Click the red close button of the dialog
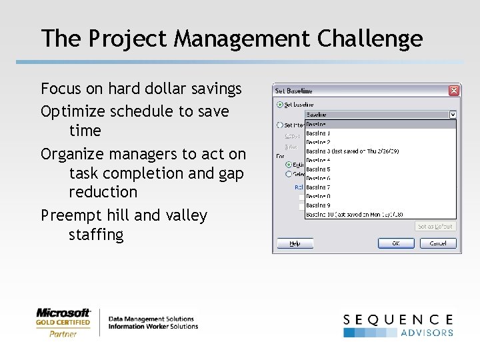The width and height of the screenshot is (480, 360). pyautogui.click(x=453, y=91)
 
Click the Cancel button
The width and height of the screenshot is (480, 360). pyautogui.click(x=437, y=243)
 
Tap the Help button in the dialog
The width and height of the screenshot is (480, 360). pyautogui.click(x=295, y=243)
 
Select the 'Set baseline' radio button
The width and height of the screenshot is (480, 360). pyautogui.click(x=279, y=105)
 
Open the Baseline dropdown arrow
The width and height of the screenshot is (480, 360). pyautogui.click(x=453, y=115)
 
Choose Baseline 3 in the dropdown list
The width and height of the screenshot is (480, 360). pyautogui.click(x=351, y=151)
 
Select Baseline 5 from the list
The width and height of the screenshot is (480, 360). pyautogui.click(x=319, y=169)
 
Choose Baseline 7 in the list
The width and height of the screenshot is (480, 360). pyautogui.click(x=319, y=187)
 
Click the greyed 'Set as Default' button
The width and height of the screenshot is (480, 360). pyautogui.click(x=435, y=226)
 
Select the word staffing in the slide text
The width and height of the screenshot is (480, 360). pyautogui.click(x=96, y=235)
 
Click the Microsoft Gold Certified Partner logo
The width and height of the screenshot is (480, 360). pyautogui.click(x=63, y=322)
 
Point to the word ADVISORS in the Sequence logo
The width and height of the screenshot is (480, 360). pyautogui.click(x=427, y=332)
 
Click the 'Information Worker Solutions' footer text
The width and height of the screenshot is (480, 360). pyautogui.click(x=153, y=326)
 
